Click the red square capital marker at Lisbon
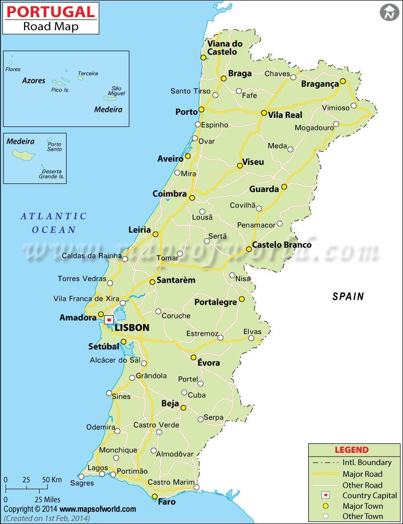pos(109,319)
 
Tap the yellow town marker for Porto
pos(201,109)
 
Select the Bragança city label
pos(320,84)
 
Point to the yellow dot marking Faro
pos(155,497)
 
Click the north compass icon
pos(389,12)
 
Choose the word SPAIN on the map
pos(348,296)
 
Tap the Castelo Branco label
pos(282,245)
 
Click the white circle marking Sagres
pos(81,476)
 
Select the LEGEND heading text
pos(352,450)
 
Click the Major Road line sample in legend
pos(325,474)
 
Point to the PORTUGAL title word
pos(50,12)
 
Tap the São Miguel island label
pos(116,90)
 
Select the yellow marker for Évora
pos(193,357)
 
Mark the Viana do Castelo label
pos(225,47)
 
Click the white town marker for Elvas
pos(251,338)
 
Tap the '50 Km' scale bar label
pos(52,480)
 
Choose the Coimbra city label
pos(170,194)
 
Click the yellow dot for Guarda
pos(284,186)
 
